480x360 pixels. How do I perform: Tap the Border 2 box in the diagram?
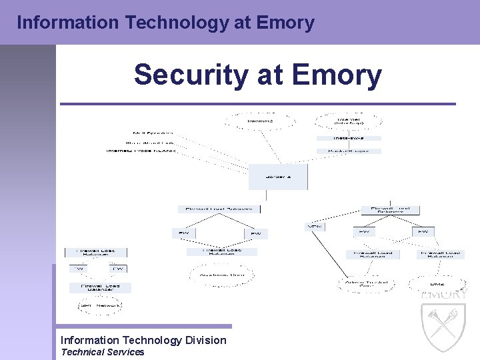(x=278, y=177)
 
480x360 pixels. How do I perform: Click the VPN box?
(x=314, y=227)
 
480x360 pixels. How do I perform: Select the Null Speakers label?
(x=153, y=133)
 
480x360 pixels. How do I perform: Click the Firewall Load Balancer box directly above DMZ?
(x=440, y=254)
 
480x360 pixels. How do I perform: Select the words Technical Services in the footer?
(x=102, y=352)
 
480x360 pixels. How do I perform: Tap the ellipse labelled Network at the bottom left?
(x=97, y=306)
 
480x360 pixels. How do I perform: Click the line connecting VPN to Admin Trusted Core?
(x=333, y=256)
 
